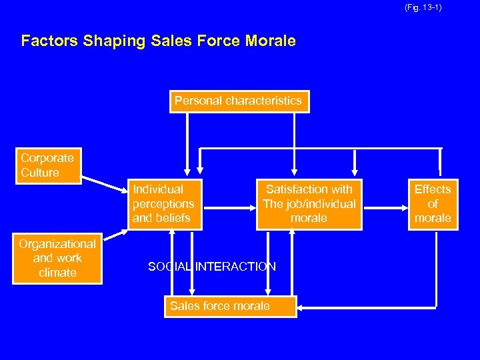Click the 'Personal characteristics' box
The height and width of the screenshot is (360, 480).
(x=239, y=101)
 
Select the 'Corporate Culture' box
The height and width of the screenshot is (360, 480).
(x=48, y=165)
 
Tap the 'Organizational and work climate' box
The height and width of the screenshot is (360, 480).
(x=57, y=258)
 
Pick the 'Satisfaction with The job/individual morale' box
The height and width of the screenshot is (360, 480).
(x=309, y=203)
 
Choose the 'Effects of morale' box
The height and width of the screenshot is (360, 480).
(x=433, y=203)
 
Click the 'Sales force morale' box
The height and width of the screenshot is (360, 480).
(x=220, y=306)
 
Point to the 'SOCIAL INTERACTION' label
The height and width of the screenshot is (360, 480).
(x=211, y=267)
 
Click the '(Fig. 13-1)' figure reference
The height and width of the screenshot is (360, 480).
(x=423, y=8)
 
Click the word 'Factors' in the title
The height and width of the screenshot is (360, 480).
(x=50, y=41)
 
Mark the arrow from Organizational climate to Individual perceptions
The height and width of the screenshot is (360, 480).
(x=115, y=234)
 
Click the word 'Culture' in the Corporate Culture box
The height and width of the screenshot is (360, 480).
(x=40, y=173)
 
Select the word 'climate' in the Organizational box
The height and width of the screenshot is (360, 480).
(x=57, y=273)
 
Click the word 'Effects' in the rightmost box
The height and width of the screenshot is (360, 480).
(x=433, y=189)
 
